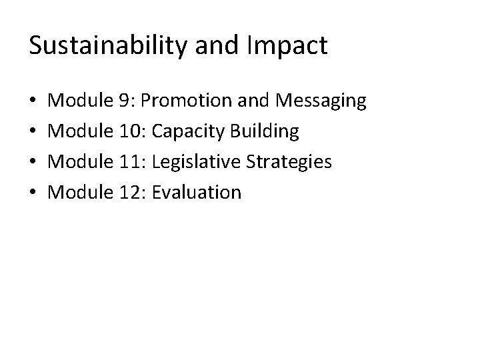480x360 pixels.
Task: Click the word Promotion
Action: click(184, 101)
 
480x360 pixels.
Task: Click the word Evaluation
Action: click(197, 193)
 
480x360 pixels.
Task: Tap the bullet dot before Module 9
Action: click(34, 102)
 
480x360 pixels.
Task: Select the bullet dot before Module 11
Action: click(34, 163)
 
